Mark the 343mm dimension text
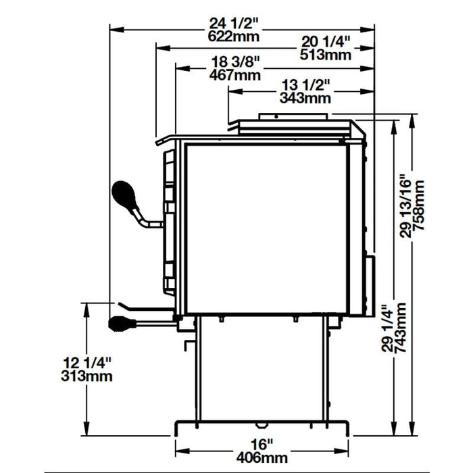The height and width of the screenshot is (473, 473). point(305,98)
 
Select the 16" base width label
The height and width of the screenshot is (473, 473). point(260,445)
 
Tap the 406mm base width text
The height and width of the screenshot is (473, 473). point(260,457)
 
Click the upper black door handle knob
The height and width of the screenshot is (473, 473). point(126,197)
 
